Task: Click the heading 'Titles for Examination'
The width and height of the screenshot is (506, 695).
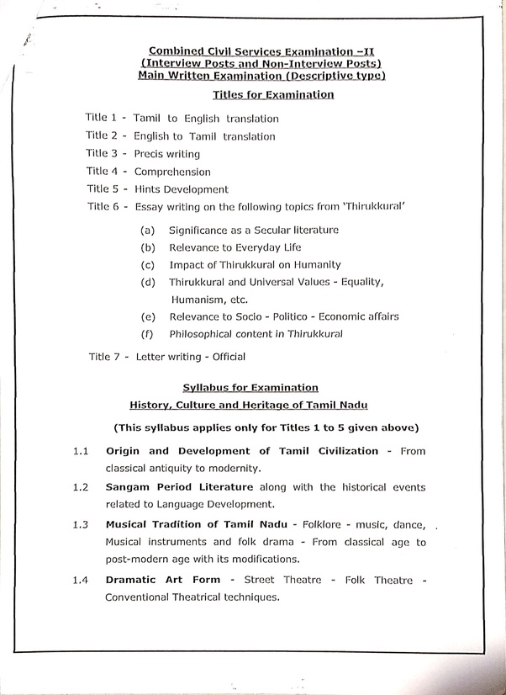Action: (x=273, y=94)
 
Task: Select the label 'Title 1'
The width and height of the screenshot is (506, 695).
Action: (x=101, y=118)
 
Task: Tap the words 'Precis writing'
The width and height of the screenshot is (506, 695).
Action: (x=166, y=154)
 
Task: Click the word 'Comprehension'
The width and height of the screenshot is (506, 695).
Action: (x=171, y=172)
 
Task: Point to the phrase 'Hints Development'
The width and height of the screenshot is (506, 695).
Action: (x=181, y=189)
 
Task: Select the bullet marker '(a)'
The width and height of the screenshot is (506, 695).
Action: (x=147, y=230)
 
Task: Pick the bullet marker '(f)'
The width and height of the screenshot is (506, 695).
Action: (x=147, y=333)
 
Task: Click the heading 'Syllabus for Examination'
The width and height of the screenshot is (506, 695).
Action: (x=250, y=388)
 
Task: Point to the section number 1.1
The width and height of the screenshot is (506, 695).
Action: (x=81, y=451)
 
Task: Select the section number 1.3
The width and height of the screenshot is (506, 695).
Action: (x=81, y=525)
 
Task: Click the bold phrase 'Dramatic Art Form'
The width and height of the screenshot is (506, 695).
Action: (x=163, y=580)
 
